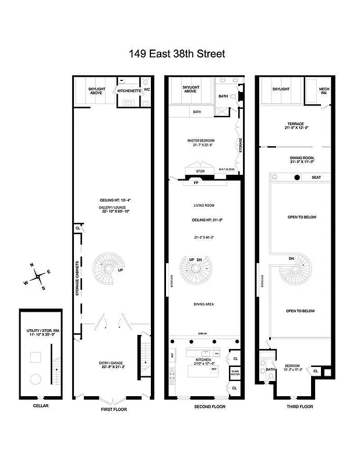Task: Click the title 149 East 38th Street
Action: point(177,54)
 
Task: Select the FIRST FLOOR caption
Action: point(113,409)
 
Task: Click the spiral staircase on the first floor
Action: point(106,269)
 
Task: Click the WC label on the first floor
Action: point(147,90)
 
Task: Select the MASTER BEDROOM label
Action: point(199,140)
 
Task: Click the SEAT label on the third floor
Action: point(316,177)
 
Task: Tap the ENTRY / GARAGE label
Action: point(112,365)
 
